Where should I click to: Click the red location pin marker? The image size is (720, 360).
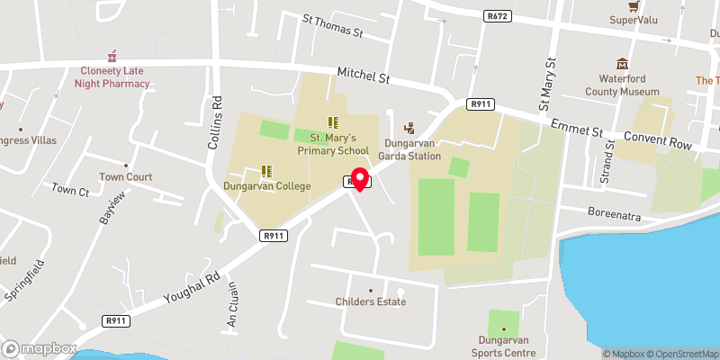(359, 178)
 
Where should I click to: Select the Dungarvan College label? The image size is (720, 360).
(267, 185)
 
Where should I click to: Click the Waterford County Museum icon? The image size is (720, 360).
(622, 65)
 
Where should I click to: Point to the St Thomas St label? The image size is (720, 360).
(331, 26)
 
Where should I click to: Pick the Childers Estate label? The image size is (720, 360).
(370, 301)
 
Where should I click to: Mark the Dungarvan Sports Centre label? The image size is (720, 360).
(503, 346)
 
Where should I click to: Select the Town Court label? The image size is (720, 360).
(125, 176)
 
